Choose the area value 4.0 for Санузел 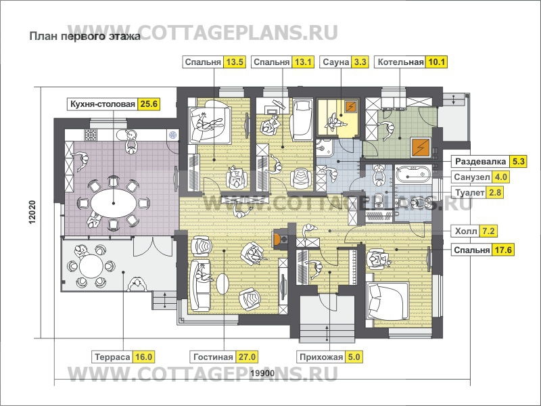(x=500, y=177)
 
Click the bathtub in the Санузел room (x=412, y=173)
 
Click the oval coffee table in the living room (x=222, y=284)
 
